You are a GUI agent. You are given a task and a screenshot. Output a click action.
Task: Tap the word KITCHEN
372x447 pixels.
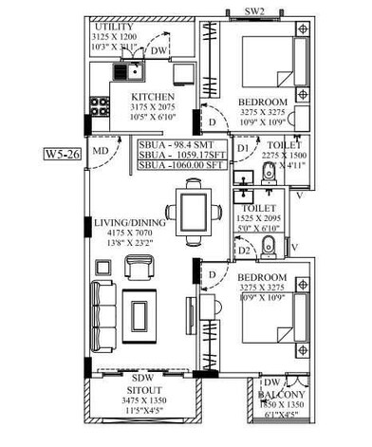[x=152, y=98]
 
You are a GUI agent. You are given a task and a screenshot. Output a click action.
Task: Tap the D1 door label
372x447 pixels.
[x=243, y=149]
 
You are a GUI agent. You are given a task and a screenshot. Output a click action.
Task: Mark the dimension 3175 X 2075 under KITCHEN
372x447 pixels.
[x=152, y=108]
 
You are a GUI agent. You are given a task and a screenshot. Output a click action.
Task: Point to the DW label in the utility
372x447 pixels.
[x=159, y=50]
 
